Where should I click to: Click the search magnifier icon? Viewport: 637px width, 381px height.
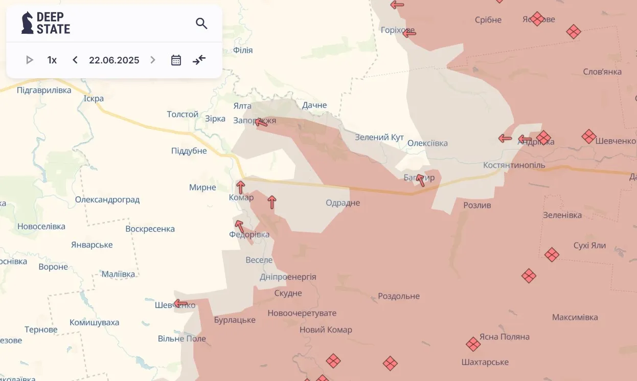coord(201,24)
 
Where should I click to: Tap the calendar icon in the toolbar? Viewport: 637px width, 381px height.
coord(176,60)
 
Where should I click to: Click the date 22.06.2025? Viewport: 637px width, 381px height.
coord(114,60)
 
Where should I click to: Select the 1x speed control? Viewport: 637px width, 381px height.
coord(52,60)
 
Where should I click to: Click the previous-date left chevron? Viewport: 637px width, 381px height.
coord(75,60)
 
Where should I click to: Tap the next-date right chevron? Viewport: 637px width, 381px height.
coord(152,60)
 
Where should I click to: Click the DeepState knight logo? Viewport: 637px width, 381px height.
coord(27,23)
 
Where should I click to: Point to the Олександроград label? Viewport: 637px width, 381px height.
coord(107,199)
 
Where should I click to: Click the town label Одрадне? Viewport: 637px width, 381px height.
coord(343,203)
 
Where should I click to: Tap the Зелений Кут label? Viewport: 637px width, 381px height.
coord(379,138)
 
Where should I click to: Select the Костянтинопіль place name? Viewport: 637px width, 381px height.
coord(514,165)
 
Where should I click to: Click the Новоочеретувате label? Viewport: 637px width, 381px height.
coord(302,313)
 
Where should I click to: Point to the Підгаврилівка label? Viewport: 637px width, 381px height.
coord(44,90)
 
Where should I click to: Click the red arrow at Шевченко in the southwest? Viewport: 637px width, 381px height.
coord(180,303)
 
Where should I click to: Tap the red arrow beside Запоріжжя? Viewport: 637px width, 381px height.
coord(261,122)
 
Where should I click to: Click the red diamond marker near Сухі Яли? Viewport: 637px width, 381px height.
coord(552,255)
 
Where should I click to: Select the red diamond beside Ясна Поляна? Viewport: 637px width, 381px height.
coord(473,344)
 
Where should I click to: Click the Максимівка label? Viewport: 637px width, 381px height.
coord(575,317)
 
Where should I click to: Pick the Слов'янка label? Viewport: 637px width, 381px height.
coord(602,72)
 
